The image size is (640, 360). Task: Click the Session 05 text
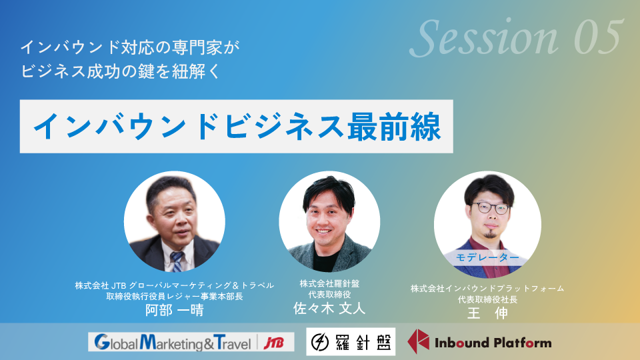point(516,37)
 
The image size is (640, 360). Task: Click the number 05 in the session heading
point(599,37)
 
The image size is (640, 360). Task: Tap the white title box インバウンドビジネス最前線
point(236,127)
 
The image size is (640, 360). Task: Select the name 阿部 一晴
point(175,310)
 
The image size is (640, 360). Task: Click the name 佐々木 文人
point(329,308)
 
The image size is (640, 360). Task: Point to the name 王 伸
point(487,313)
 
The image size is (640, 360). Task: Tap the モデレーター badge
point(487,257)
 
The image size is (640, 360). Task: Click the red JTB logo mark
point(273,343)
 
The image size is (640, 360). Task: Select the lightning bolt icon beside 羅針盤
point(320,342)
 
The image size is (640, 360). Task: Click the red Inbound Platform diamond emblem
point(419,341)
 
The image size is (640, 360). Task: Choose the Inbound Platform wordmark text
point(493,343)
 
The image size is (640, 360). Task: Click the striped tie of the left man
point(177,261)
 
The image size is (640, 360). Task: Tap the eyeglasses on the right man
point(490,208)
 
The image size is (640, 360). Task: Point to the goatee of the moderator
point(490,234)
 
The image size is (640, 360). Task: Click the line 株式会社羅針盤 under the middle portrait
point(329,283)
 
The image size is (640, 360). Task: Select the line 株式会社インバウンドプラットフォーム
point(487,289)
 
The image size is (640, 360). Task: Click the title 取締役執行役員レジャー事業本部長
point(175,296)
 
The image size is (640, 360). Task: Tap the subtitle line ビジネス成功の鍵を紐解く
point(121,71)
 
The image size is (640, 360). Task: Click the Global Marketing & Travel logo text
point(173,343)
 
